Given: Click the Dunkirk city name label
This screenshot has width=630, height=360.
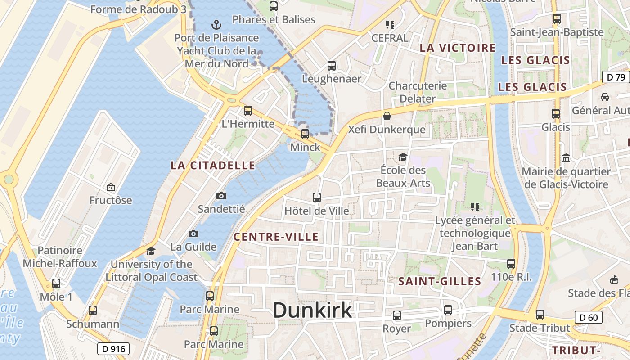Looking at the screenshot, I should pyautogui.click(x=312, y=310).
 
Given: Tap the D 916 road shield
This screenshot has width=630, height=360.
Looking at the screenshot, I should pyautogui.click(x=113, y=348).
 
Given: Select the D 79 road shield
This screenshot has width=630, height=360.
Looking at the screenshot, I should pyautogui.click(x=616, y=77).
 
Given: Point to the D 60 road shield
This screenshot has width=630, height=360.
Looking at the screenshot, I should pyautogui.click(x=589, y=318).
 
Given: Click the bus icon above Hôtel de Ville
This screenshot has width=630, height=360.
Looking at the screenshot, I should pyautogui.click(x=317, y=197).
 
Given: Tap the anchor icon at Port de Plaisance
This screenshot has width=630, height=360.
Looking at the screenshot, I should pyautogui.click(x=216, y=24).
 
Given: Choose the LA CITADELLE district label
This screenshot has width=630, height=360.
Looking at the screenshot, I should pyautogui.click(x=213, y=166).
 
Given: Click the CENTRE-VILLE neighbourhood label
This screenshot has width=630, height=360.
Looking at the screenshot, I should pyautogui.click(x=276, y=237).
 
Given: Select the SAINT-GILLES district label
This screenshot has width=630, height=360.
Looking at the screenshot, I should pyautogui.click(x=440, y=282).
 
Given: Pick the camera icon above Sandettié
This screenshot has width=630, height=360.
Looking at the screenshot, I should pyautogui.click(x=221, y=196).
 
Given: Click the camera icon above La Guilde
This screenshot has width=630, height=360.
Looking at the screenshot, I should pyautogui.click(x=193, y=234).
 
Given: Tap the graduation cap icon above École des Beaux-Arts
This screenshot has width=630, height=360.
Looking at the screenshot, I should pyautogui.click(x=403, y=157).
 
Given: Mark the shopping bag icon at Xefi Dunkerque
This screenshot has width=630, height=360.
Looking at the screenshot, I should pyautogui.click(x=387, y=117).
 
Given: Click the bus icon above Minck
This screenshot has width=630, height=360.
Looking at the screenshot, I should pyautogui.click(x=305, y=134).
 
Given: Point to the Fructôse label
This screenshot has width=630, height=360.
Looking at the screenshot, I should pyautogui.click(x=111, y=200).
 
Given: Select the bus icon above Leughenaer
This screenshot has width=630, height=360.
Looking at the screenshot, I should pyautogui.click(x=332, y=66).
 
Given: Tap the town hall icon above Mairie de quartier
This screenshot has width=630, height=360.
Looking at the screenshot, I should pyautogui.click(x=566, y=158).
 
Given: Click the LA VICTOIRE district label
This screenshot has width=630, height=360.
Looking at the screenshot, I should pyautogui.click(x=458, y=48).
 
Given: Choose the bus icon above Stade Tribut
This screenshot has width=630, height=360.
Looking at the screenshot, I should pyautogui.click(x=540, y=315).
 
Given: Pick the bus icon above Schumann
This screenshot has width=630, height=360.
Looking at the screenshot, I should pyautogui.click(x=93, y=310).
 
